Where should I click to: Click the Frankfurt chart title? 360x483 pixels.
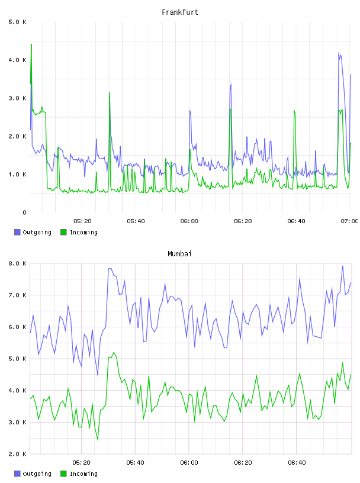click(x=180, y=12)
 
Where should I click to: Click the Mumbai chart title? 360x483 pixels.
click(x=179, y=254)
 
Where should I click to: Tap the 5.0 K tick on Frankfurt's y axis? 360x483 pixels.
click(x=18, y=22)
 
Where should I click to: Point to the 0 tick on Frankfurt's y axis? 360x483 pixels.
click(x=24, y=212)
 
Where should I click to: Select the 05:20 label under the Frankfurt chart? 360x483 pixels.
click(x=83, y=221)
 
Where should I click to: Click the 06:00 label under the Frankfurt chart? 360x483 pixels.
click(x=189, y=221)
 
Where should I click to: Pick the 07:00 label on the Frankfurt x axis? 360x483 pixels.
click(x=349, y=221)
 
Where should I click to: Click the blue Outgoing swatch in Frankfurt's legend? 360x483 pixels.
click(x=17, y=232)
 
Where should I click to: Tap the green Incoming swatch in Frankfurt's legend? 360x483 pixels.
click(x=63, y=232)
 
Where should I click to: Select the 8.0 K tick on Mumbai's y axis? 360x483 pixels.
click(x=18, y=263)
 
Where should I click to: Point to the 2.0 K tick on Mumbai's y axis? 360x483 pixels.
click(x=18, y=454)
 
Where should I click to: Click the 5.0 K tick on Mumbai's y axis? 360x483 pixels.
click(x=18, y=359)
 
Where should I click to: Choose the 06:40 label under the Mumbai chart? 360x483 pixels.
click(x=297, y=463)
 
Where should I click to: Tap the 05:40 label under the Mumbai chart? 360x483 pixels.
click(x=136, y=463)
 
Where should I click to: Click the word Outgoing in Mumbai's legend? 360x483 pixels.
click(x=37, y=474)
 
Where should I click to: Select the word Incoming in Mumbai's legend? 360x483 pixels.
click(x=83, y=474)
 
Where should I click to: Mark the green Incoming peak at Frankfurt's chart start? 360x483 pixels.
click(x=31, y=44)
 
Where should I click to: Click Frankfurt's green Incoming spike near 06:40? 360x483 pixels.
click(x=294, y=110)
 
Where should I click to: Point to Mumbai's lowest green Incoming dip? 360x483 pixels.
click(x=98, y=440)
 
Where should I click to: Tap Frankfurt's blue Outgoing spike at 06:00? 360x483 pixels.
click(x=190, y=110)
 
